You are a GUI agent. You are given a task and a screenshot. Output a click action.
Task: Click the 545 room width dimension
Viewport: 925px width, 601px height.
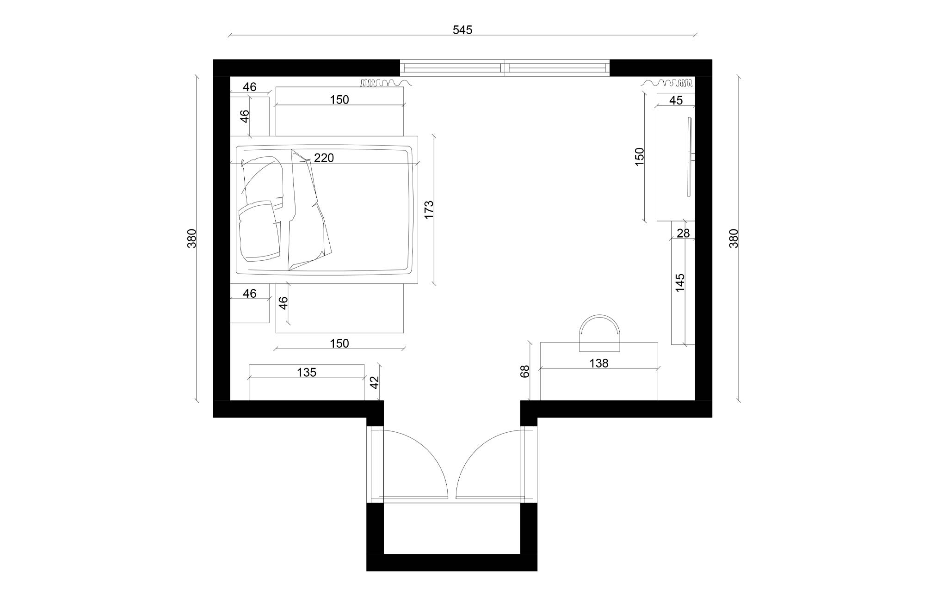tap(462, 30)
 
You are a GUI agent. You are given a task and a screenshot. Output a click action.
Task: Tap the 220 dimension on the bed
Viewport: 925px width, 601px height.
tap(324, 158)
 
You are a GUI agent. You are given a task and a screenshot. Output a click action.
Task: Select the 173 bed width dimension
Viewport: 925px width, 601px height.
tap(429, 209)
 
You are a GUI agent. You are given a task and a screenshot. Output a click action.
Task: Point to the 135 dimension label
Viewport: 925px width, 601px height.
tap(306, 373)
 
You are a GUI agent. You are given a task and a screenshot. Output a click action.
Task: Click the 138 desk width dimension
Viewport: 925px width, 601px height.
tap(599, 364)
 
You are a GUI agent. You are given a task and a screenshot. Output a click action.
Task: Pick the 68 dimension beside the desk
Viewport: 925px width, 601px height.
tap(525, 371)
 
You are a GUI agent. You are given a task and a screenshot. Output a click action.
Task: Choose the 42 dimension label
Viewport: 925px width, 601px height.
tap(375, 382)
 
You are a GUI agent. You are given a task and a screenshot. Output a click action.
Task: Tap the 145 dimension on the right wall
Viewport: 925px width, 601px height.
tap(680, 283)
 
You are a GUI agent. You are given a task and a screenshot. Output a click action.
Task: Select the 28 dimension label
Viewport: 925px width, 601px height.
tap(683, 234)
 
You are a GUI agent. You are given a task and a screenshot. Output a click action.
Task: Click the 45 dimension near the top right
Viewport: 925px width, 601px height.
tap(676, 101)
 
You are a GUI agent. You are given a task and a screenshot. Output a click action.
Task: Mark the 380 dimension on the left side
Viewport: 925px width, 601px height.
tap(192, 239)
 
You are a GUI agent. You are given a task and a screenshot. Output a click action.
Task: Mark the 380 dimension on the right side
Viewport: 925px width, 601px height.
tap(734, 239)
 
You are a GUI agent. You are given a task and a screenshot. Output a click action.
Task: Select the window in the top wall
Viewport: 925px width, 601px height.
tap(505, 68)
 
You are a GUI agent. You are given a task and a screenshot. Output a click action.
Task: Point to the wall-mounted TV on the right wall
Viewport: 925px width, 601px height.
tap(689, 157)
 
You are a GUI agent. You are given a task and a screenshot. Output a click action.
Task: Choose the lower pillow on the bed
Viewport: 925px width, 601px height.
tap(260, 231)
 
